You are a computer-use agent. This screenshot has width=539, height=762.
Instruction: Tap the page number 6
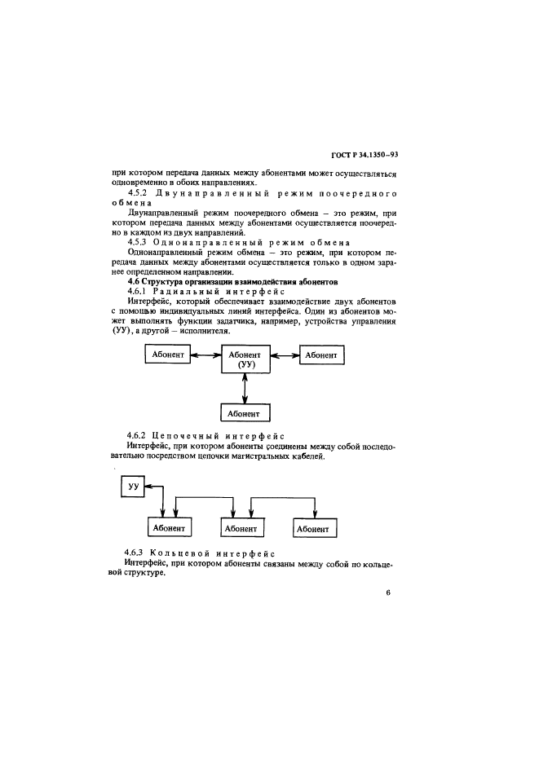[389, 592]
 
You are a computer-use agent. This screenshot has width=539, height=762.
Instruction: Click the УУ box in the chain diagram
[131, 487]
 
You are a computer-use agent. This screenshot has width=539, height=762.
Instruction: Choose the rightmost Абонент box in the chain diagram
[311, 528]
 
